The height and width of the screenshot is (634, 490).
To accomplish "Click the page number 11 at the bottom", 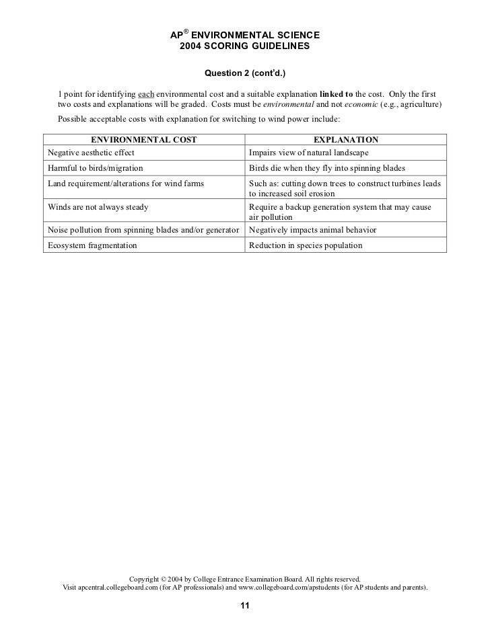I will click(x=245, y=606).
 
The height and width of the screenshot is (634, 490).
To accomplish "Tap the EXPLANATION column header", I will click(x=346, y=140).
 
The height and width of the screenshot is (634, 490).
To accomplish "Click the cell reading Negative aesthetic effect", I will click(x=91, y=153).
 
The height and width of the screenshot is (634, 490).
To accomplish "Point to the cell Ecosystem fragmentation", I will click(x=92, y=245).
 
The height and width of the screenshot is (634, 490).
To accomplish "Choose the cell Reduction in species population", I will click(x=306, y=245).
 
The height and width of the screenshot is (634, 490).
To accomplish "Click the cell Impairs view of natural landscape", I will click(x=309, y=153).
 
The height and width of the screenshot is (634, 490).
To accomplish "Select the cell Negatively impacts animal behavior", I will click(x=312, y=230).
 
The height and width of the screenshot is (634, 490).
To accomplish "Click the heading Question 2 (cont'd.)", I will click(x=245, y=73).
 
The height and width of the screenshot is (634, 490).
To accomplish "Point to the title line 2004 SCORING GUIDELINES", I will click(x=245, y=48).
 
